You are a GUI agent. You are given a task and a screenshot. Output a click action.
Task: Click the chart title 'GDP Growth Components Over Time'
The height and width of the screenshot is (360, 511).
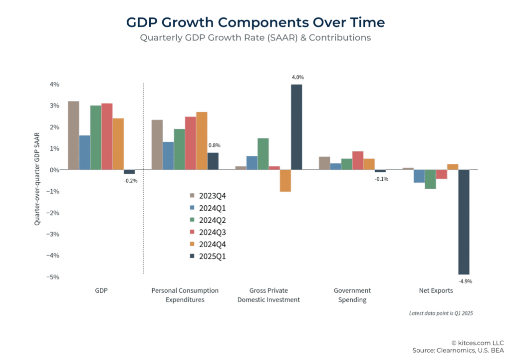(x=255, y=22)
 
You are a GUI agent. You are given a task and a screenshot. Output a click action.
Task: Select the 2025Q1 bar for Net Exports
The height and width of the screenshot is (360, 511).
(x=464, y=222)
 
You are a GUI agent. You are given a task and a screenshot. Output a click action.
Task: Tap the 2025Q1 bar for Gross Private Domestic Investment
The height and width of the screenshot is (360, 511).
(x=296, y=127)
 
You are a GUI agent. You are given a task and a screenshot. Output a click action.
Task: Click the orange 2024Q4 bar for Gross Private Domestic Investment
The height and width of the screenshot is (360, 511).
(x=285, y=181)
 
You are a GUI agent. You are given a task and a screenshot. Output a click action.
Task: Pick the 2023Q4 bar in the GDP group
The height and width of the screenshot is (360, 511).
(x=73, y=135)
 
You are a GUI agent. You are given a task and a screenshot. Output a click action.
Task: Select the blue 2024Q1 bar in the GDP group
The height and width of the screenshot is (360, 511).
(x=84, y=152)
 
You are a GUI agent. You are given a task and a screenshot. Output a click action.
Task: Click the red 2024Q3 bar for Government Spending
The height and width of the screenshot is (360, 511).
(x=358, y=160)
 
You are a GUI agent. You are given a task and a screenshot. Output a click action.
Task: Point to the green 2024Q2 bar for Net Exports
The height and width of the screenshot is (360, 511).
(x=431, y=179)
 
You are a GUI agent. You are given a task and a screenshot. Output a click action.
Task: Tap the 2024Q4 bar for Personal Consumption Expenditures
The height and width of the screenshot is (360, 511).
(x=202, y=141)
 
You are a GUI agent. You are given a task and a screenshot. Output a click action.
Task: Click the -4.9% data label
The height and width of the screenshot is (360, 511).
(x=466, y=281)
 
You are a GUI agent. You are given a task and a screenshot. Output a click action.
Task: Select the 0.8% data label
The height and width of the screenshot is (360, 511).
(x=214, y=145)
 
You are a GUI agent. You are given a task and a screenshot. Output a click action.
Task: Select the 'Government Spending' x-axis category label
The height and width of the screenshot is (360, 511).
(x=352, y=295)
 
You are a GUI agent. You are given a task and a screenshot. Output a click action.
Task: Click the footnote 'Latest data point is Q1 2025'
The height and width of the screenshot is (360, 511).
(x=441, y=314)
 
